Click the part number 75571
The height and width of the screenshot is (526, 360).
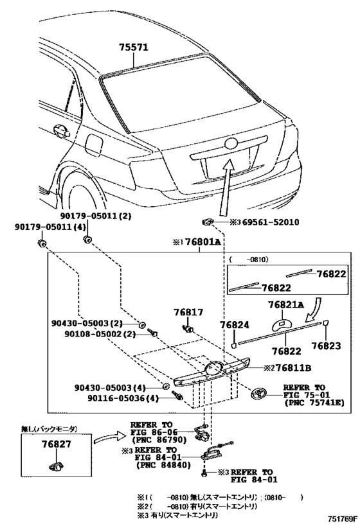click(133, 48)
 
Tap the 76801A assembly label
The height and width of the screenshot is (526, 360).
click(203, 241)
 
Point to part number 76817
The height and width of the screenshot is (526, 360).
click(188, 312)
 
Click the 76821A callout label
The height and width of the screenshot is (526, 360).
click(286, 304)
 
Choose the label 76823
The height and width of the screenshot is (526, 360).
click(326, 346)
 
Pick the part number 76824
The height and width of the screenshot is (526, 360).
click(235, 325)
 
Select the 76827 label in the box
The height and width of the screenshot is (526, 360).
click(57, 444)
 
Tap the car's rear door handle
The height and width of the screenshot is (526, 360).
click(60, 130)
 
